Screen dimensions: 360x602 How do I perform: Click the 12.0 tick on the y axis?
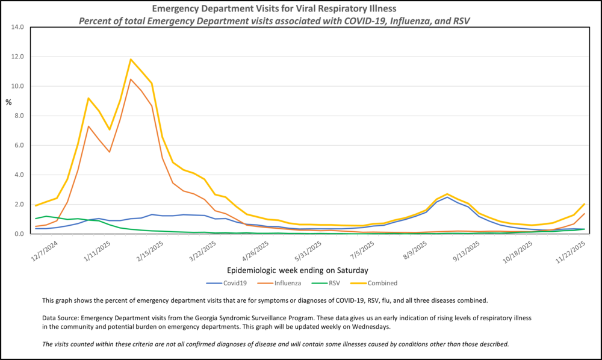click(x=16, y=57)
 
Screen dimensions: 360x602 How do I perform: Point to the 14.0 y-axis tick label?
click(x=16, y=27)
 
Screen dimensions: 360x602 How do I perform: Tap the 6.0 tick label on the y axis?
click(x=17, y=145)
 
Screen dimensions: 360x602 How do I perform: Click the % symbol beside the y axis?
click(x=8, y=102)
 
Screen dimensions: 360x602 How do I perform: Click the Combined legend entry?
click(x=378, y=283)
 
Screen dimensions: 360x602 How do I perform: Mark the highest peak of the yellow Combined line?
click(x=131, y=59)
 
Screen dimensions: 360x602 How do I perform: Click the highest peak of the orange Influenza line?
click(x=131, y=79)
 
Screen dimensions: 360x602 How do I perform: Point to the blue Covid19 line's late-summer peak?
click(x=447, y=197)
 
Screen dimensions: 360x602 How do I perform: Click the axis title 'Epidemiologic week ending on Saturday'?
click(x=298, y=270)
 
